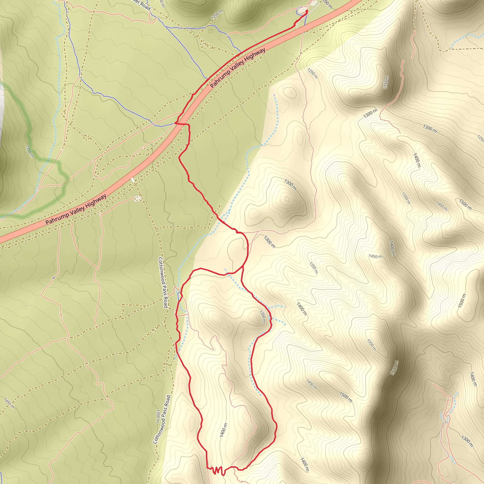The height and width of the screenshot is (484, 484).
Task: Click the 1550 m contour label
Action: pos(371,345)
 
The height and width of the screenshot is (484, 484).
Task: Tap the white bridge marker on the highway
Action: pos(133,180)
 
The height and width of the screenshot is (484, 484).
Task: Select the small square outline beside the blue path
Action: pos(210,31)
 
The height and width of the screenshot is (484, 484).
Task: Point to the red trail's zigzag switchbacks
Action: pos(217,470)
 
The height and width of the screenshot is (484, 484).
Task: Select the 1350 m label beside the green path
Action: pos(29,151)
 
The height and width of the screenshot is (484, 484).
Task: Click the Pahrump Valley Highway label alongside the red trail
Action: pos(238,68)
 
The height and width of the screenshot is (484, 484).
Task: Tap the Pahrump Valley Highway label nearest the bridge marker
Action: pos(76,210)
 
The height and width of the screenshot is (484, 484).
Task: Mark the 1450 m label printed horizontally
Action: pos(376,256)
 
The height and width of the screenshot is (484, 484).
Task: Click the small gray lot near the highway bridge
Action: pos(138,199)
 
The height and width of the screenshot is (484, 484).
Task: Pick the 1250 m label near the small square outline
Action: pos(217,14)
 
